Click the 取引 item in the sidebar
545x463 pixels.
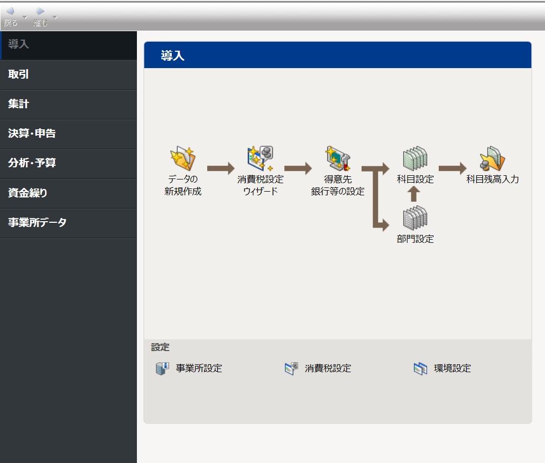(x=19, y=74)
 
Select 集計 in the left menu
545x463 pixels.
(x=19, y=104)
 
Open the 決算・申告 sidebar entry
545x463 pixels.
(x=32, y=133)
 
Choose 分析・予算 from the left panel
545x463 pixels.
(x=32, y=163)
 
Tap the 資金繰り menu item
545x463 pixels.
(x=27, y=193)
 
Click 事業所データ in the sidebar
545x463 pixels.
(x=37, y=222)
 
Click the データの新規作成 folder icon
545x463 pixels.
(x=182, y=158)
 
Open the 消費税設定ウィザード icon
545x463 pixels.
(x=260, y=158)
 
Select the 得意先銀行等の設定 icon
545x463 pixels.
(x=338, y=158)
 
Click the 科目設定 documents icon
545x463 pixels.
(x=415, y=158)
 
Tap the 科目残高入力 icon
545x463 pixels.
(x=492, y=158)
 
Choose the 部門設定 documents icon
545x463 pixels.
(x=415, y=218)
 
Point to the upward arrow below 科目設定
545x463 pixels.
(x=413, y=194)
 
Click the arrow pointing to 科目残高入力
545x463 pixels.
(x=452, y=168)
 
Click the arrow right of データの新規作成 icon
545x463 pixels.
(x=221, y=168)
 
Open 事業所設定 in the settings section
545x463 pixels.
(x=189, y=368)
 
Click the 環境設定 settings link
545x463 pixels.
(x=442, y=368)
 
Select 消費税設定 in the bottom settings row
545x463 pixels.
(x=318, y=368)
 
